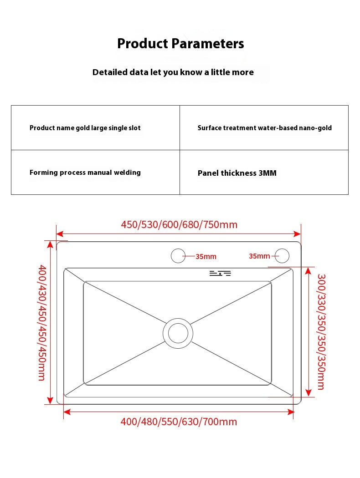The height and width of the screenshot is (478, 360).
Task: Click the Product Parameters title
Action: coord(180,44)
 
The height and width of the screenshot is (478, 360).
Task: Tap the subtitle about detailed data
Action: coord(173,72)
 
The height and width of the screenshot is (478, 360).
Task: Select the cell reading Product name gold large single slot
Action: coord(85,128)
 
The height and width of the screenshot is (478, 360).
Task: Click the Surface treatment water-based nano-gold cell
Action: coord(264,128)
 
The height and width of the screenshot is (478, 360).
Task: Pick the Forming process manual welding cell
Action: coord(85,173)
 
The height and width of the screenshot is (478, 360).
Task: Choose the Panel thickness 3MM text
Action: coord(237,173)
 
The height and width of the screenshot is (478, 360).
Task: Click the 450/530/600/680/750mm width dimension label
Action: coord(179,225)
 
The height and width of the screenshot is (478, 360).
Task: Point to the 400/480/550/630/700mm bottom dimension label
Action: coord(179,422)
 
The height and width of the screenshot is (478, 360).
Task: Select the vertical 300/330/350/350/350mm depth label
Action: coord(321,331)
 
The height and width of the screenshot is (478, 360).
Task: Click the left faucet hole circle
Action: coord(178,256)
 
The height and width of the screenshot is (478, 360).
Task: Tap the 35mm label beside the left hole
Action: coord(206,257)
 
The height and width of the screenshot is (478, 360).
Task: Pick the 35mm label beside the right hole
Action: coord(259,256)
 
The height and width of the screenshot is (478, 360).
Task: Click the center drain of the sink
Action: coord(178,333)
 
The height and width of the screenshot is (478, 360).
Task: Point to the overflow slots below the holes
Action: coord(220,273)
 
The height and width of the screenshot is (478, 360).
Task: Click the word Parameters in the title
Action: coord(208,44)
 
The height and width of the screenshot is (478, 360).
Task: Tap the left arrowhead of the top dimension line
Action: coord(58,234)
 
